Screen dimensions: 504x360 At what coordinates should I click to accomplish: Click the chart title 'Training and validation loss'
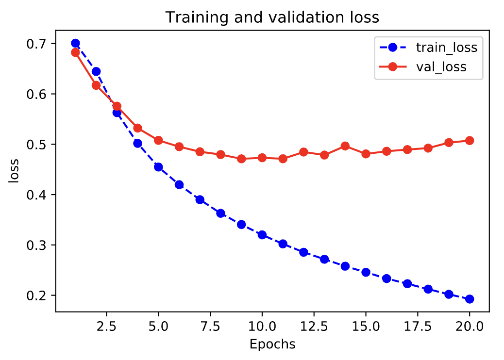click(x=272, y=17)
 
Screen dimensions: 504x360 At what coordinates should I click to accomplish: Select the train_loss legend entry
click(x=428, y=48)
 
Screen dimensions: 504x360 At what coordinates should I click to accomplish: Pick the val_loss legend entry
click(x=423, y=67)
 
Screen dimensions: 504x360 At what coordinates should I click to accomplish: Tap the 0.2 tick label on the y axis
click(x=37, y=295)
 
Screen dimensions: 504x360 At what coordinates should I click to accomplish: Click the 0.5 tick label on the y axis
click(x=37, y=145)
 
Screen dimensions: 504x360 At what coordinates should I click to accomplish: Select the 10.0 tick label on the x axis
click(x=262, y=326)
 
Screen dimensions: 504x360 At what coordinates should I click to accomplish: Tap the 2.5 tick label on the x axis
click(x=106, y=326)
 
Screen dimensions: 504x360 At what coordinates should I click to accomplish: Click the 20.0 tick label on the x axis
click(x=470, y=326)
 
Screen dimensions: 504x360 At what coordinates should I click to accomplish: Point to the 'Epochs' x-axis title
click(x=272, y=344)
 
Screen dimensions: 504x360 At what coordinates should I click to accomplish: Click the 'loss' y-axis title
click(x=14, y=171)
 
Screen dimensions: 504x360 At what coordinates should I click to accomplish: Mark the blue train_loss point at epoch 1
click(x=76, y=43)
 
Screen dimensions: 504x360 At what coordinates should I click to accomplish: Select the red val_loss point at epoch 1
click(x=76, y=52)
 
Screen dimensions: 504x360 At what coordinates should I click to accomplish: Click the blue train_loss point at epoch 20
click(x=470, y=299)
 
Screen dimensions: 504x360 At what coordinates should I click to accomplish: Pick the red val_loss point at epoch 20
click(x=470, y=140)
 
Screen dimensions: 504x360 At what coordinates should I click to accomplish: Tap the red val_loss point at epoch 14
click(x=345, y=146)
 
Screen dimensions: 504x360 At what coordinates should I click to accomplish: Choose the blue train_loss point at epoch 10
click(x=262, y=235)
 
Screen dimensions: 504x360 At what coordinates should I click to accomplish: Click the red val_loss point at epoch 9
click(x=241, y=159)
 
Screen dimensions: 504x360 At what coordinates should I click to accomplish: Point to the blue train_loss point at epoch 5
click(x=158, y=167)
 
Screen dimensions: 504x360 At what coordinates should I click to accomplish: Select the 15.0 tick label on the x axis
click(x=366, y=326)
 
